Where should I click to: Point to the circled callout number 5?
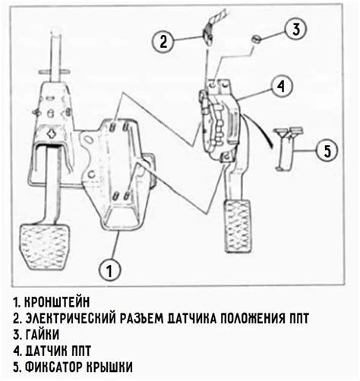click(327, 150)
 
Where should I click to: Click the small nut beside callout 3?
click(257, 38)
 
